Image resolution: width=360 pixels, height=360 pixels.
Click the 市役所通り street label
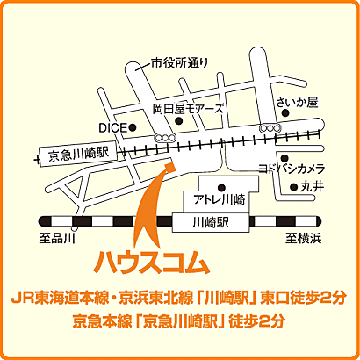click(180, 62)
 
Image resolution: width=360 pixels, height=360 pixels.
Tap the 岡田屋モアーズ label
click(188, 109)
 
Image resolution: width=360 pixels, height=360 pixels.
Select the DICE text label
click(112, 127)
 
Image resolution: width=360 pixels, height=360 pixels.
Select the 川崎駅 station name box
click(216, 222)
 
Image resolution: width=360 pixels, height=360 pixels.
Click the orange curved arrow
click(149, 206)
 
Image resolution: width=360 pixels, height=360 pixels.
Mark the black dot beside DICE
click(133, 128)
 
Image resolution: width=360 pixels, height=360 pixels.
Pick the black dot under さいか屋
click(280, 118)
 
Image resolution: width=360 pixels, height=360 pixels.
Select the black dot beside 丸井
click(293, 187)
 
